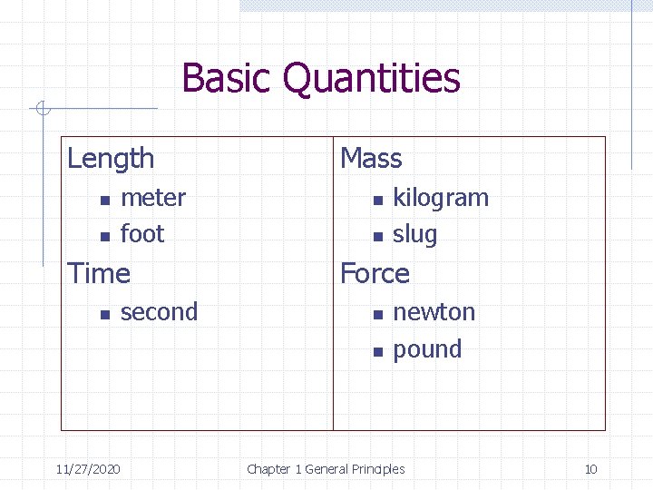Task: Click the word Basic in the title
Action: (x=228, y=78)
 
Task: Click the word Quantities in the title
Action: (x=372, y=80)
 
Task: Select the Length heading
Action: (x=111, y=159)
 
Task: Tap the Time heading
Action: (x=99, y=273)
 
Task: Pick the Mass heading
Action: (x=370, y=159)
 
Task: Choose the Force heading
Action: (x=374, y=273)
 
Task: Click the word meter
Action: (x=152, y=198)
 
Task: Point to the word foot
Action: (x=142, y=234)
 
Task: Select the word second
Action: (x=159, y=312)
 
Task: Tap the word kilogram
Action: (x=440, y=199)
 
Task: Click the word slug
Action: (x=414, y=235)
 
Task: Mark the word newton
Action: (x=434, y=312)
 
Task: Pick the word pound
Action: (x=427, y=349)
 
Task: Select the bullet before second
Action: (x=104, y=314)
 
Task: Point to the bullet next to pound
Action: (x=376, y=351)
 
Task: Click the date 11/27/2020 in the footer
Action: (x=89, y=469)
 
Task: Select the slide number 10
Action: (x=590, y=469)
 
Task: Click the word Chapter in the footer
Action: (x=268, y=469)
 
